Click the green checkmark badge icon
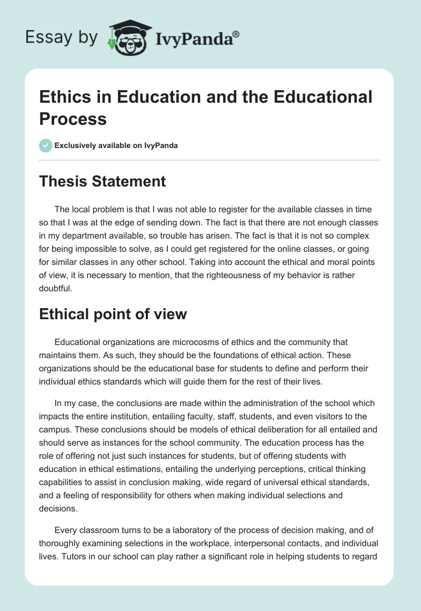tap(46, 145)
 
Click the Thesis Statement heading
tap(103, 182)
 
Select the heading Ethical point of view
tap(113, 314)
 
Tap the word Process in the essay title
tap(73, 119)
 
